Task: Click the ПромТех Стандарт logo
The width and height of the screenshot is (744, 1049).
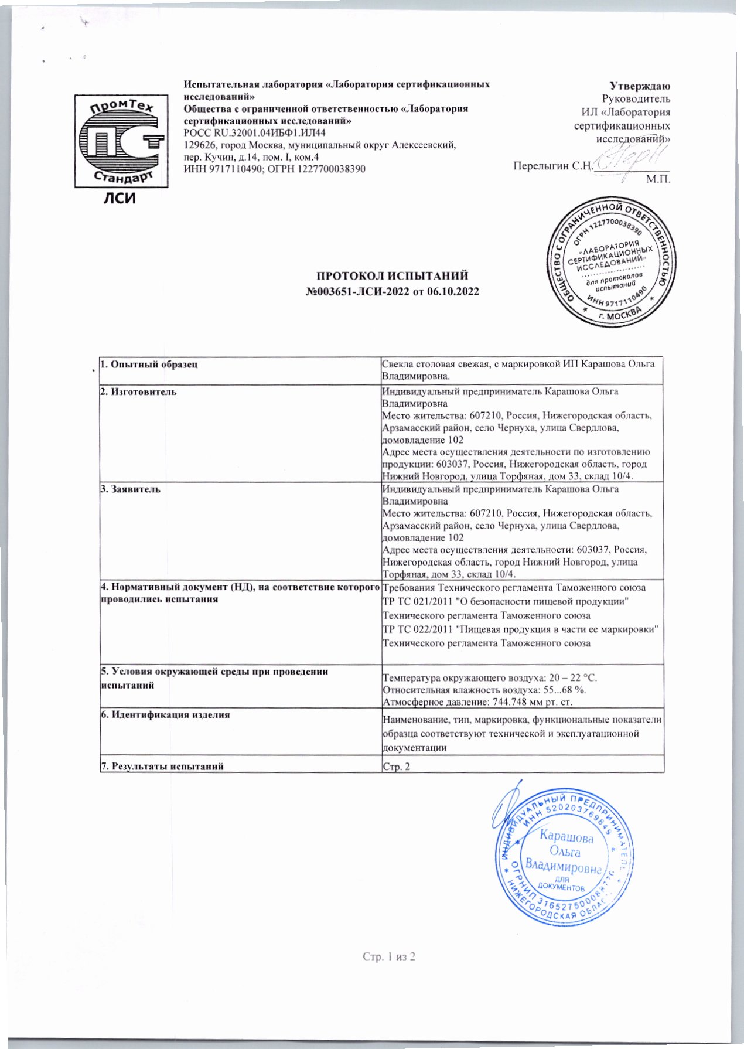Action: pos(121,140)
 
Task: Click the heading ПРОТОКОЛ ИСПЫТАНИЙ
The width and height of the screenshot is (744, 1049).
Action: pos(393,275)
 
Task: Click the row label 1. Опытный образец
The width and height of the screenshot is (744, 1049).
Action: pos(149,364)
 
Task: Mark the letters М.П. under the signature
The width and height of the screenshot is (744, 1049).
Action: pos(658,179)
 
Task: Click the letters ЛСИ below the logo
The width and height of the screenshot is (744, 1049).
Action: pos(120,199)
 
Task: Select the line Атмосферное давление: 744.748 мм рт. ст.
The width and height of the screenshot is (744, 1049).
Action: pos(477,701)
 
